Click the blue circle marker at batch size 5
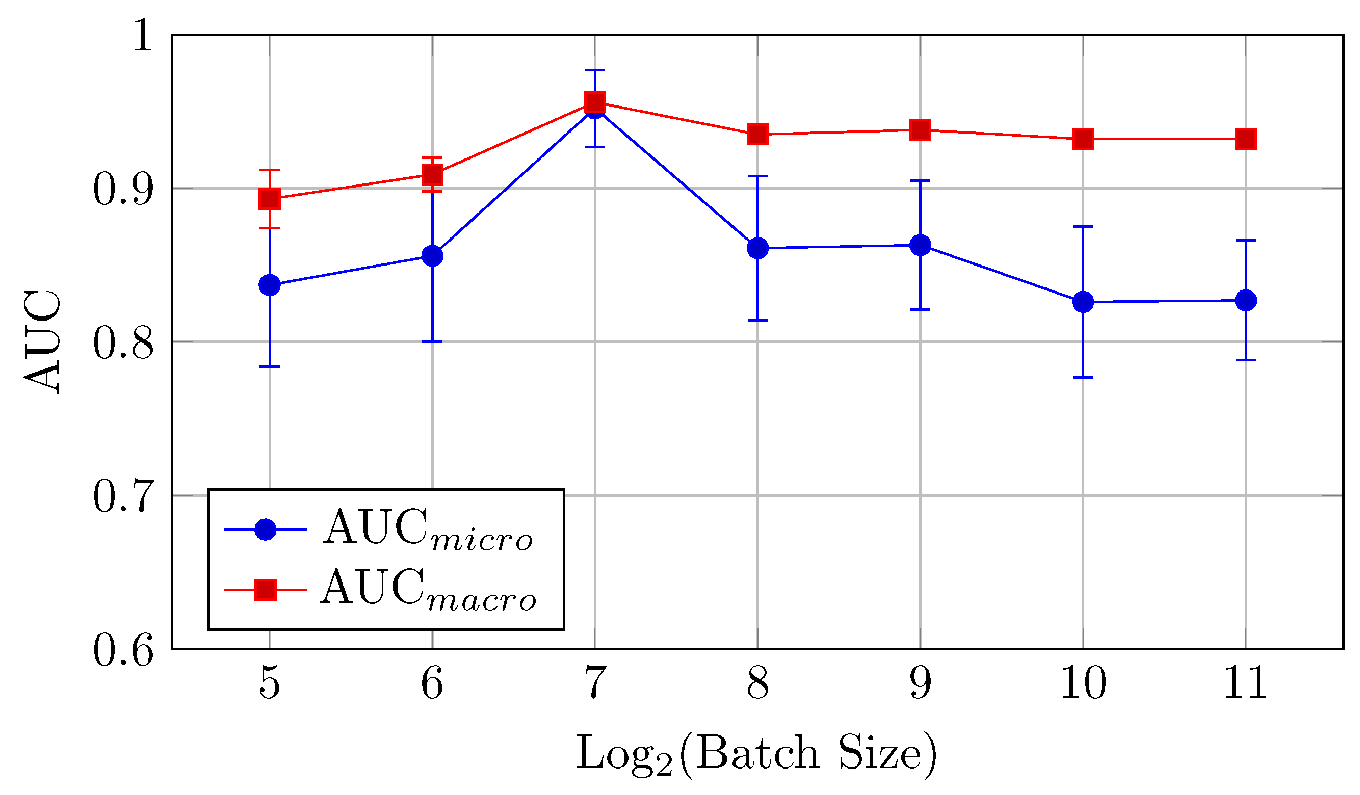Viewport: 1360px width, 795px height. point(270,284)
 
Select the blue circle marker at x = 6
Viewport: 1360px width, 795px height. point(432,255)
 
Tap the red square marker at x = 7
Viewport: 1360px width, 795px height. point(595,101)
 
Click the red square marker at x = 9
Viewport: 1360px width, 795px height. point(920,129)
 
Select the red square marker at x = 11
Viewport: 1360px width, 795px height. point(1246,139)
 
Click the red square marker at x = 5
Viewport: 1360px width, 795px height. point(270,199)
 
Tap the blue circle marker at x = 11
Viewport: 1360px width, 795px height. point(1246,300)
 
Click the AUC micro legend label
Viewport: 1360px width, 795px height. point(428,529)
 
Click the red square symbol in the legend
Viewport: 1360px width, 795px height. point(266,590)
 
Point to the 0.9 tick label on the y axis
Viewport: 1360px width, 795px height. point(123,189)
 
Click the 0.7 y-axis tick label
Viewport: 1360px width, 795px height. point(123,496)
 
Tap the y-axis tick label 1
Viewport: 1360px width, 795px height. point(143,35)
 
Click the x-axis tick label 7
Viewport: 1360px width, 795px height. point(595,684)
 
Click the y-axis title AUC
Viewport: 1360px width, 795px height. point(42,341)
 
